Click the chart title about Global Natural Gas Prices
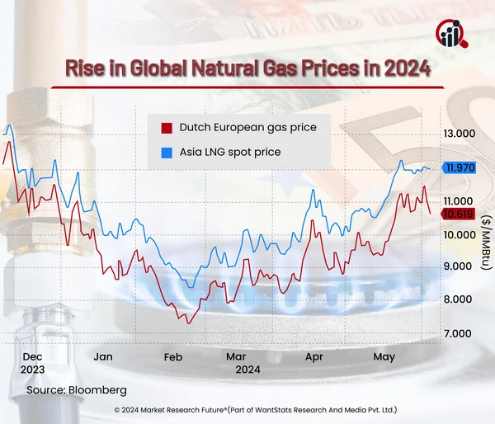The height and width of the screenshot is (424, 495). pos(247,68)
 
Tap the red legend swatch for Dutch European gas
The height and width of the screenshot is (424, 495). pos(166,128)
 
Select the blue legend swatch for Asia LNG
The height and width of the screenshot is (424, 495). pos(166,153)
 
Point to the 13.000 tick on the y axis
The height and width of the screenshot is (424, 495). pos(460,134)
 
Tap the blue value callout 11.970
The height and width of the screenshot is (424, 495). pos(460,167)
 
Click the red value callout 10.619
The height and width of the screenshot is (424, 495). pos(458,214)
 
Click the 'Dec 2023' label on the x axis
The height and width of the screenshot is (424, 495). pos(33,363)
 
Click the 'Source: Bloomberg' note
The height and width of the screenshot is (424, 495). pos(77,388)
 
